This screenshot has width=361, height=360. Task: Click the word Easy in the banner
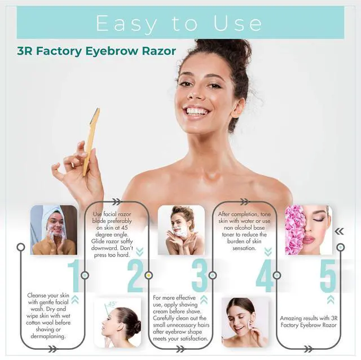tap(126, 24)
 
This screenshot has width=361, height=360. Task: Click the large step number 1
tap(74, 276)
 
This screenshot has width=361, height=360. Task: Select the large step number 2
tap(135, 276)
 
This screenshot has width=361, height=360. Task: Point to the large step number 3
tap(199, 276)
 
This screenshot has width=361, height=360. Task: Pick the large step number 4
tap(265, 276)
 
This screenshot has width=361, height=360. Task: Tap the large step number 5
tap(328, 276)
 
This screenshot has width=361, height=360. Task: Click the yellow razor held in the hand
tap(91, 142)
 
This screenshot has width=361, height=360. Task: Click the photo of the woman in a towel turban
tap(54, 230)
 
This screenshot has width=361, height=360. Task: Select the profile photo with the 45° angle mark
tap(118, 322)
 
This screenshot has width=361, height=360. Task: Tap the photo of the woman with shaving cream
tap(181, 230)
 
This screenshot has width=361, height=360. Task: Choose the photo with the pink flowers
tap(309, 230)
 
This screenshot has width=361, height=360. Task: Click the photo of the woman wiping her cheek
tap(245, 322)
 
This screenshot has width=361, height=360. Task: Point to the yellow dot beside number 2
tap(149, 275)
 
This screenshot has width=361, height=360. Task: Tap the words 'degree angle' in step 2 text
tap(112, 235)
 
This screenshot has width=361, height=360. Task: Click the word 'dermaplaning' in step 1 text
tap(48, 336)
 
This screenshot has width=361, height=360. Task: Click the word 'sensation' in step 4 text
tap(244, 248)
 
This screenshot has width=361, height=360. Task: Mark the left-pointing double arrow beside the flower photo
tap(339, 231)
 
